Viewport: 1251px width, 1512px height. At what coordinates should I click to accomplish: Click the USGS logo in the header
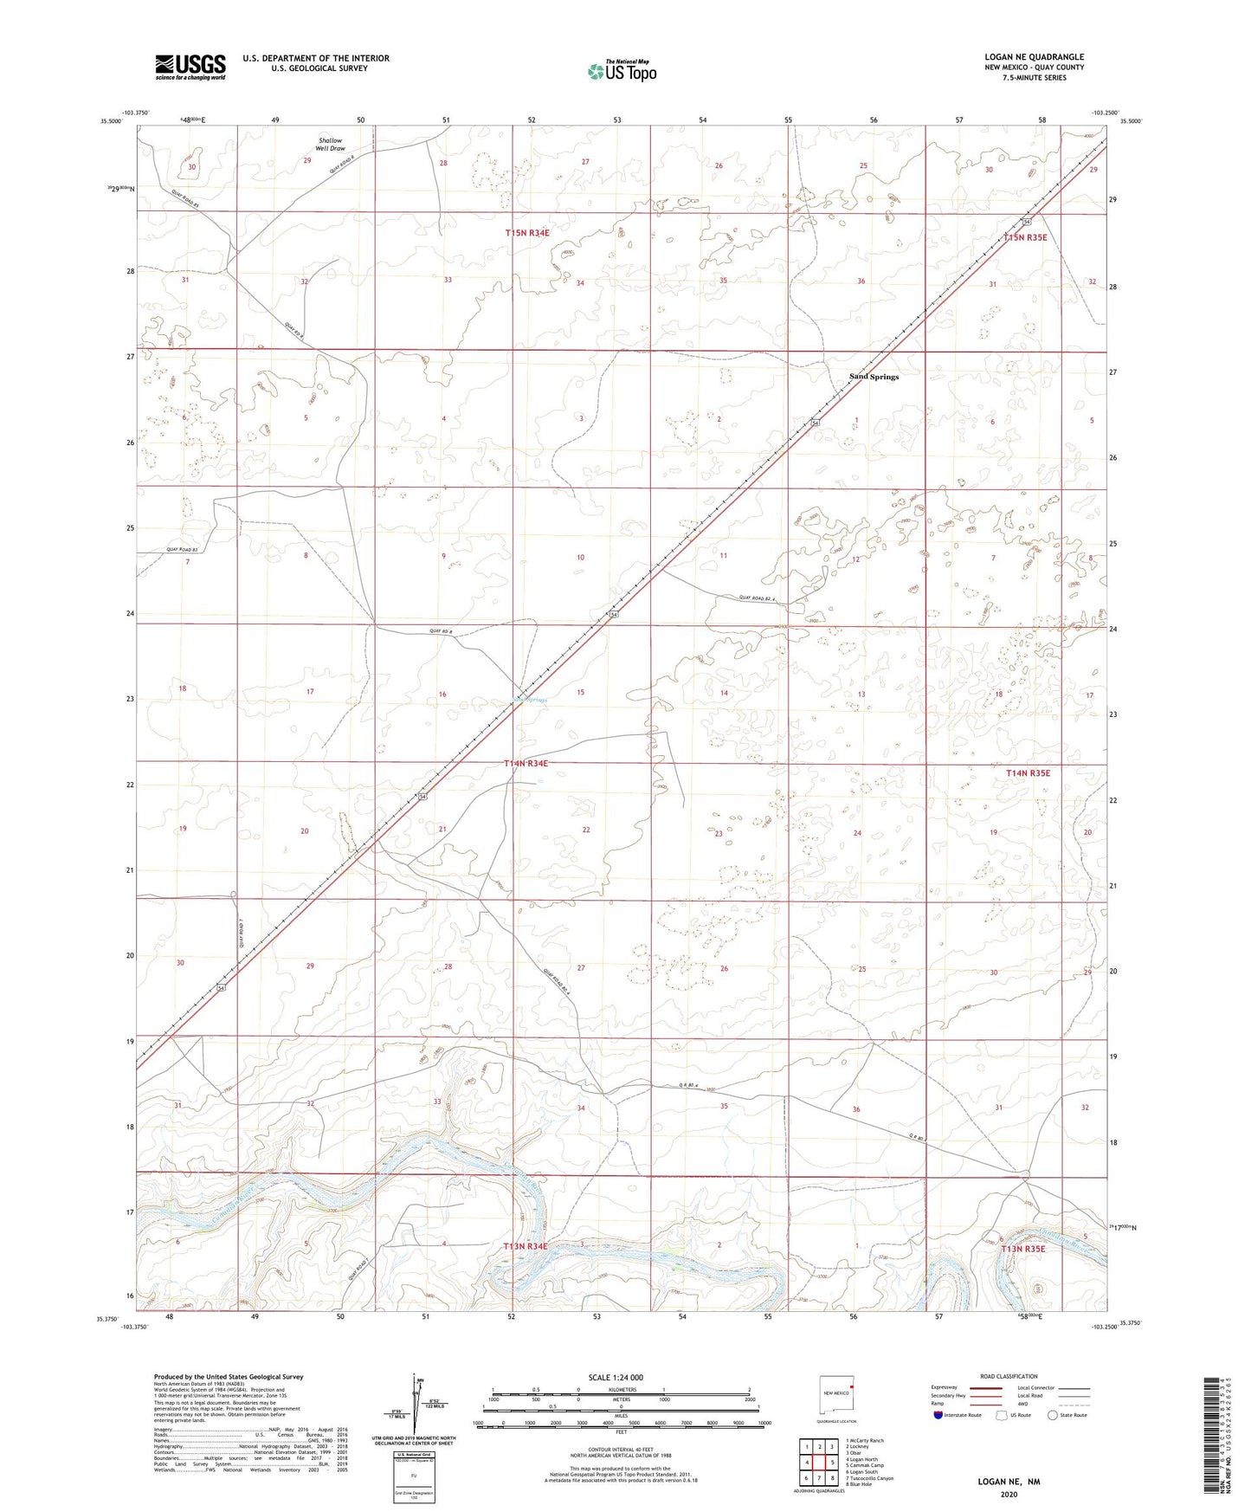tap(190, 67)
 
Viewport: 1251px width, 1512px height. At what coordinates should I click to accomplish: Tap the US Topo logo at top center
tap(622, 71)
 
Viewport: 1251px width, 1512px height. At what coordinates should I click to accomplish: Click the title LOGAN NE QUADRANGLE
tap(1034, 57)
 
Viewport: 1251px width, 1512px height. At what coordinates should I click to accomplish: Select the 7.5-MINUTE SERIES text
tap(1034, 78)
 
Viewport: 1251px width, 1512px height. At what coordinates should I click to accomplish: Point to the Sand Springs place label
tap(874, 377)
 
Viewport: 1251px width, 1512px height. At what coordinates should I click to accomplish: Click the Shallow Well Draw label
tap(330, 145)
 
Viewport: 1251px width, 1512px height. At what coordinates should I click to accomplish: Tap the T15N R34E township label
tap(527, 233)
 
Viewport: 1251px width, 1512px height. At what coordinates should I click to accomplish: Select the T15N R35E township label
tap(1026, 237)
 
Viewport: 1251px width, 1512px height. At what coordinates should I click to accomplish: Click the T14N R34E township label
tap(526, 764)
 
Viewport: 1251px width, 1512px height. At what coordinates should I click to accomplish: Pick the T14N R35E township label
tap(1028, 772)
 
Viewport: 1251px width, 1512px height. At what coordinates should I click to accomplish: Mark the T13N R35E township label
tap(1023, 1249)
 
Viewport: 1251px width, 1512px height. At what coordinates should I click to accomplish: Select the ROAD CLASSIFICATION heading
tap(1009, 1376)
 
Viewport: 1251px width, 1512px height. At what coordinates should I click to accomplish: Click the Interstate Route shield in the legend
tap(939, 1415)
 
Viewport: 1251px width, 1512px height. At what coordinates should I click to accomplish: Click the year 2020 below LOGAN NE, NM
tap(1009, 1494)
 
